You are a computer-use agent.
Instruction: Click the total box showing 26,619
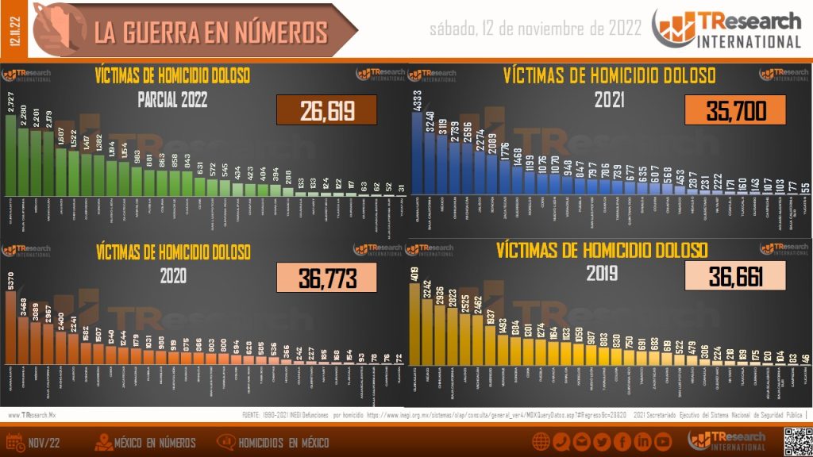tap(326, 111)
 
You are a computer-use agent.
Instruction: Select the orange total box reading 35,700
tap(734, 110)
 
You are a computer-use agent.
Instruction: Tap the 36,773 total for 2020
tap(326, 278)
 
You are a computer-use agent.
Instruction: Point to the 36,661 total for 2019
tap(734, 276)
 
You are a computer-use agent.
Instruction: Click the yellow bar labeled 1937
tap(490, 357)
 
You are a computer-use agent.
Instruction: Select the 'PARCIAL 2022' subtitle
tap(172, 99)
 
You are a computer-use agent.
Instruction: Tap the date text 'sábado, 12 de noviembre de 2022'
tap(535, 29)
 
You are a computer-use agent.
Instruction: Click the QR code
tap(796, 441)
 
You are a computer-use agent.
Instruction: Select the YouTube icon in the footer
tap(663, 441)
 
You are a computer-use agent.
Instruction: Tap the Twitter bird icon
tap(602, 441)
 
